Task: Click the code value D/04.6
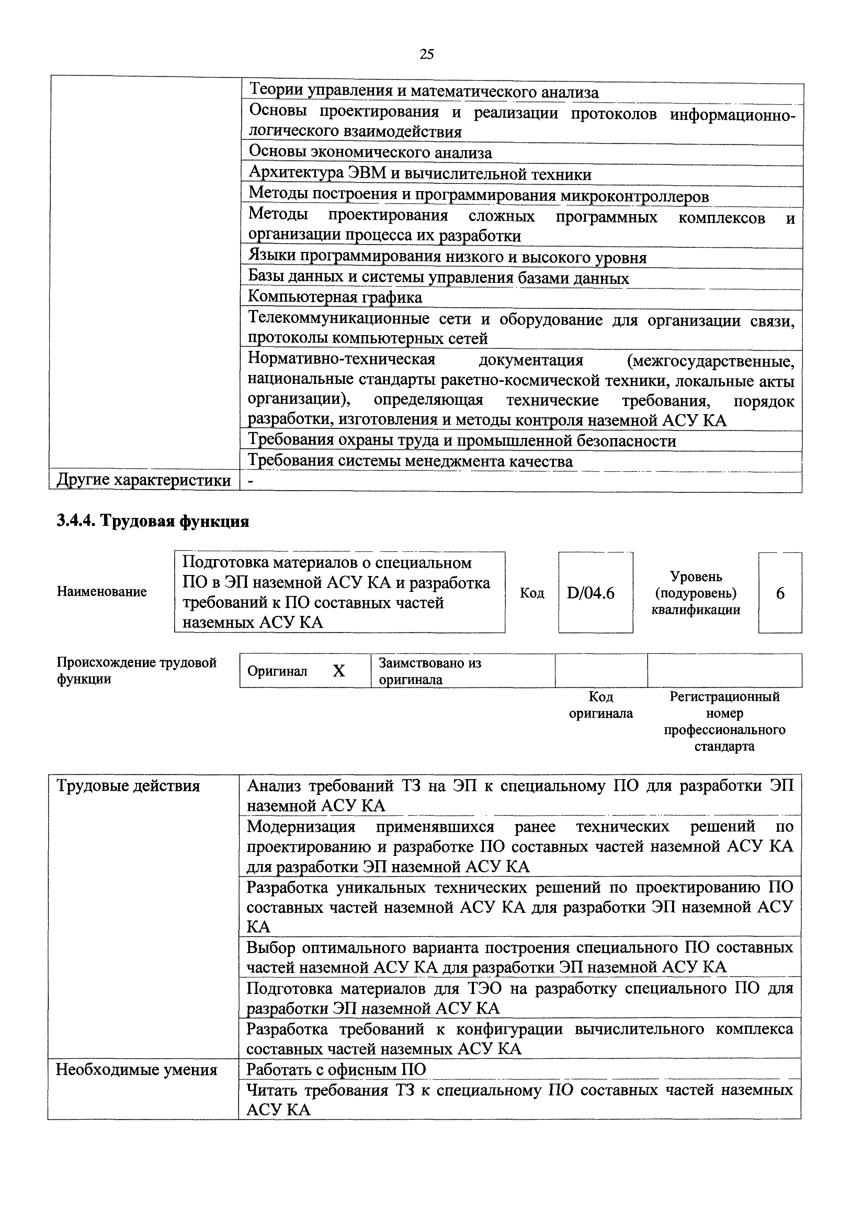click(591, 593)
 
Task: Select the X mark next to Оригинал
click(339, 671)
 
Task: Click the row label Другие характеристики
click(143, 480)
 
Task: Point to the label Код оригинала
click(601, 705)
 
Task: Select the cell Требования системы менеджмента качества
click(410, 461)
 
